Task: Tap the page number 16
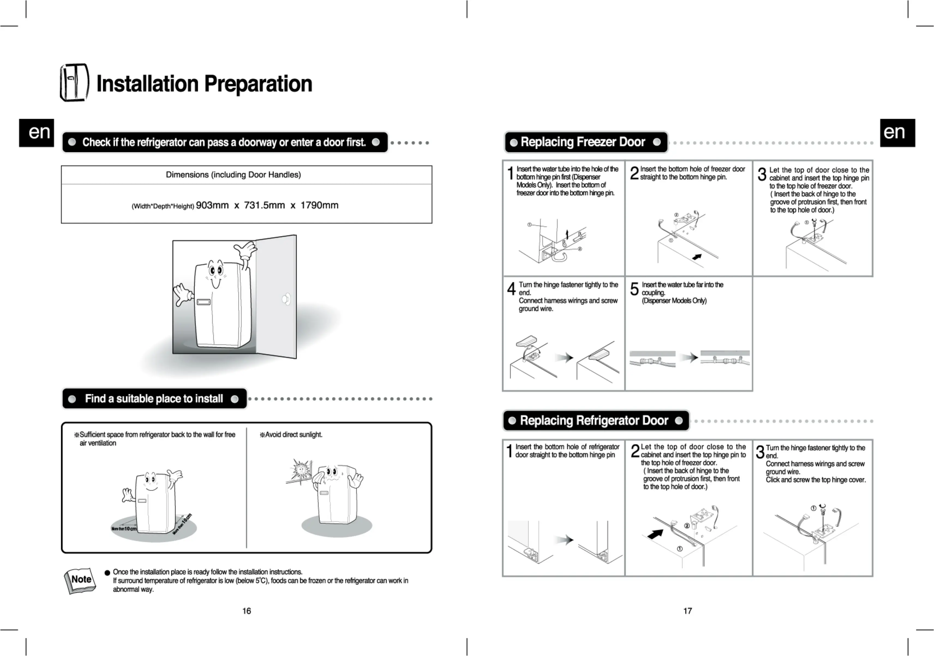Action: [x=247, y=611]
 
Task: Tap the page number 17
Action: [x=687, y=611]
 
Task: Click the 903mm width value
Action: [x=212, y=205]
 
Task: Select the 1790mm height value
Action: [x=319, y=205]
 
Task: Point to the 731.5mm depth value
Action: [x=264, y=205]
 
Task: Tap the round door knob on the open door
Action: [x=286, y=299]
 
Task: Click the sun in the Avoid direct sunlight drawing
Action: [x=301, y=470]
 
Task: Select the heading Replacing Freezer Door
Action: [x=583, y=142]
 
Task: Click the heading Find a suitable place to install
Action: [x=154, y=398]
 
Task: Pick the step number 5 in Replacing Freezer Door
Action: [x=634, y=289]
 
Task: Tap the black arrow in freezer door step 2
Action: [x=697, y=257]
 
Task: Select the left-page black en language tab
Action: [x=37, y=133]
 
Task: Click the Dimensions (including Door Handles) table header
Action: [x=233, y=175]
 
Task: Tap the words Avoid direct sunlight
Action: [x=293, y=435]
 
